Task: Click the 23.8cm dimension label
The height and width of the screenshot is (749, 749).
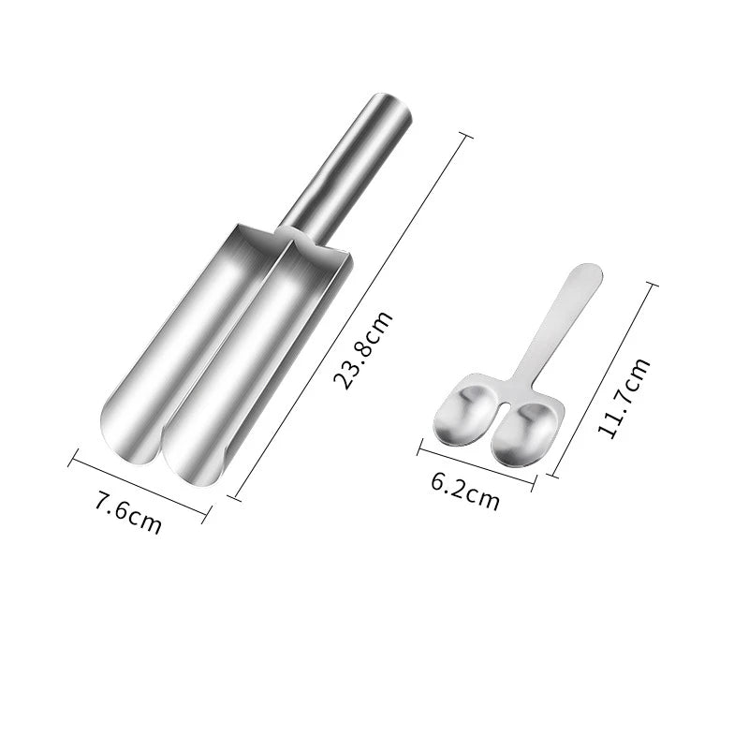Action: [363, 350]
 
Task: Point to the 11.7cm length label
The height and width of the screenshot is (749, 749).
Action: [624, 397]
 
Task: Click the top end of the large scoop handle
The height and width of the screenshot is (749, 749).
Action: [393, 103]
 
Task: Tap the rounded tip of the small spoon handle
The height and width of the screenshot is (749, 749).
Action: [590, 272]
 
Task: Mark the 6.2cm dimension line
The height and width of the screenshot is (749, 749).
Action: [477, 465]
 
